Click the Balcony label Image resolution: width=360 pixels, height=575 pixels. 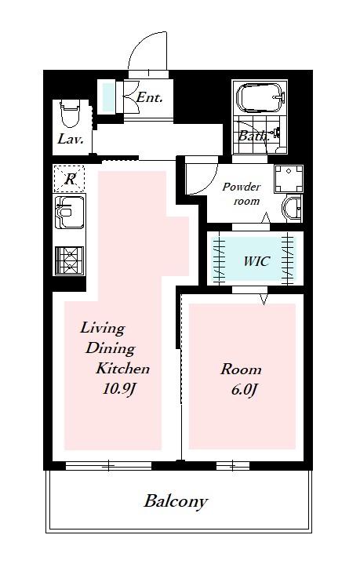176,501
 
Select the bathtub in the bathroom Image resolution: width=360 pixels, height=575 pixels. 260,97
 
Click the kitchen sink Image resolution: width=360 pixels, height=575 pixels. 69,212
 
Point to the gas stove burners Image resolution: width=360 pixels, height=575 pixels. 69,260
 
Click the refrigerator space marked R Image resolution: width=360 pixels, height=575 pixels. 69,179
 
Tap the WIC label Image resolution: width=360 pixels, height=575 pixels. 256,261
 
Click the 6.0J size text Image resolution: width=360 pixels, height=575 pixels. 243,390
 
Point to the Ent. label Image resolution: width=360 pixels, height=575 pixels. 149,97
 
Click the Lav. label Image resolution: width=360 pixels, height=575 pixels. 71,139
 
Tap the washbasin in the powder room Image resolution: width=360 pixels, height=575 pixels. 293,209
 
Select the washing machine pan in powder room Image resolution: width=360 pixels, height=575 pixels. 289,179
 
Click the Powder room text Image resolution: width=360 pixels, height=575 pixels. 242,194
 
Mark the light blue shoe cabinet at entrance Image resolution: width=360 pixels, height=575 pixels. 108,96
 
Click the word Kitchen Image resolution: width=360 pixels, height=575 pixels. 123,368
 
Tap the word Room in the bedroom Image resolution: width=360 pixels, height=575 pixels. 241,369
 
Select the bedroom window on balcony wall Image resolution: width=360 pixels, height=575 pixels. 233,466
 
